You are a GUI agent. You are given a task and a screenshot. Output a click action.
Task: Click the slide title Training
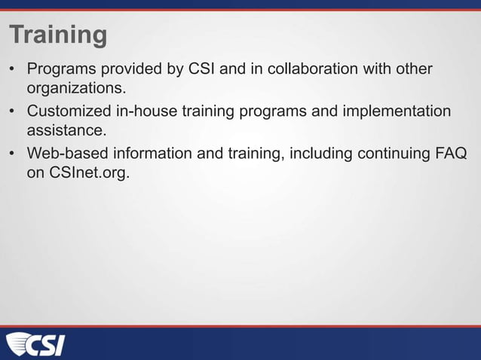[x=58, y=35]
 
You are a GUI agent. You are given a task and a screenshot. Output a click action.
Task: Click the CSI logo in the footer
[x=35, y=345]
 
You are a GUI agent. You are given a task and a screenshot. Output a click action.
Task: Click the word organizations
[x=75, y=90]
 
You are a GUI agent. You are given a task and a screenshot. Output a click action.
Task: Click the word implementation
[x=395, y=111]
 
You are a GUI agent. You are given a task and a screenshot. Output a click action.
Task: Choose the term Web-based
[x=66, y=154]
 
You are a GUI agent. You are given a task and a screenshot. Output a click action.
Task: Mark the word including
[x=311, y=154]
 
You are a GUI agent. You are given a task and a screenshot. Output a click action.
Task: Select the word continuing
[x=388, y=154]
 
